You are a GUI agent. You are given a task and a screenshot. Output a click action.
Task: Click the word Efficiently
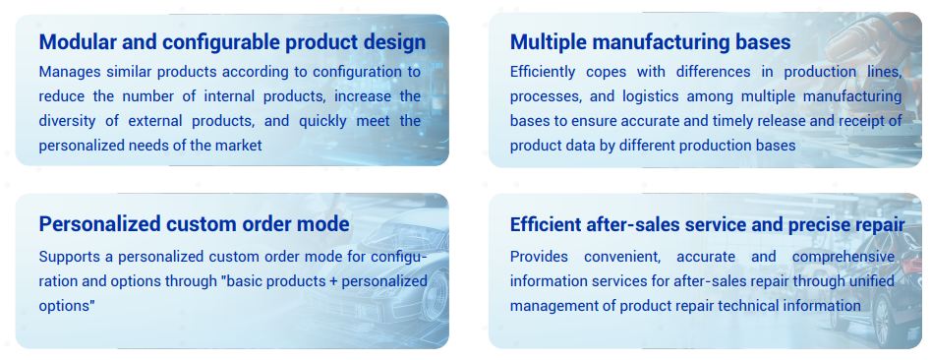(543, 73)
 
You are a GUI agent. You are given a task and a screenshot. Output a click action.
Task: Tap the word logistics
(653, 96)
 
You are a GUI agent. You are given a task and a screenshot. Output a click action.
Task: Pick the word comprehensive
(844, 258)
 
